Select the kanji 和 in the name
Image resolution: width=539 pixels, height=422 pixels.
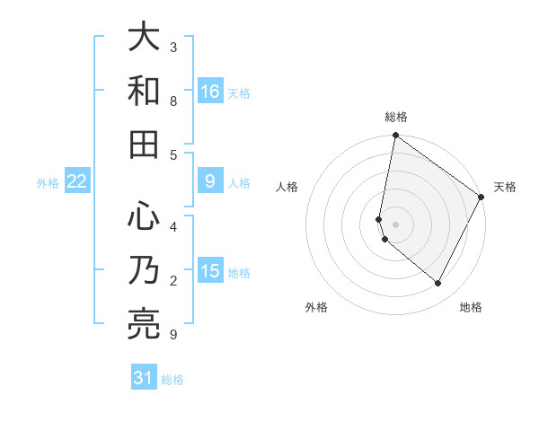[144, 91]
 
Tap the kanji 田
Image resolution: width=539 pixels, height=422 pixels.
[144, 145]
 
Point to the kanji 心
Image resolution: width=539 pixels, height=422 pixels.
[144, 215]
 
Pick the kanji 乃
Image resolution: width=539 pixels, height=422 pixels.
[144, 270]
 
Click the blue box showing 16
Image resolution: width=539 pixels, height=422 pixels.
[210, 91]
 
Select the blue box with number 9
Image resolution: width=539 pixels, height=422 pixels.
[210, 181]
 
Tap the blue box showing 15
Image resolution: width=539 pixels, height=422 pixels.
[210, 271]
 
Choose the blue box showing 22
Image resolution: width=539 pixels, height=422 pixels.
[77, 181]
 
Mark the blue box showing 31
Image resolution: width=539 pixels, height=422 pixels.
[144, 378]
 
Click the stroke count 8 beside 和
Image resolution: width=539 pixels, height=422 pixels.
[173, 101]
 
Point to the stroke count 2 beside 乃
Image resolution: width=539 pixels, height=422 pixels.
[173, 281]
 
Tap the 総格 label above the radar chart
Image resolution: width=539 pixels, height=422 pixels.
[396, 117]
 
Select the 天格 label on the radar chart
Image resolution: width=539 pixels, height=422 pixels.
[505, 187]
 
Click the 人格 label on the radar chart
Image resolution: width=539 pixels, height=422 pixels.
[287, 187]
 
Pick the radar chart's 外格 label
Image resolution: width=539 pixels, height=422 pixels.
[316, 307]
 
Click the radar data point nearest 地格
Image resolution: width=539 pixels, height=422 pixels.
[438, 284]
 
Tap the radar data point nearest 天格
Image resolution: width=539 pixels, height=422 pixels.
[482, 198]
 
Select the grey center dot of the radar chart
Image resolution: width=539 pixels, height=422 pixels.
[396, 224]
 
